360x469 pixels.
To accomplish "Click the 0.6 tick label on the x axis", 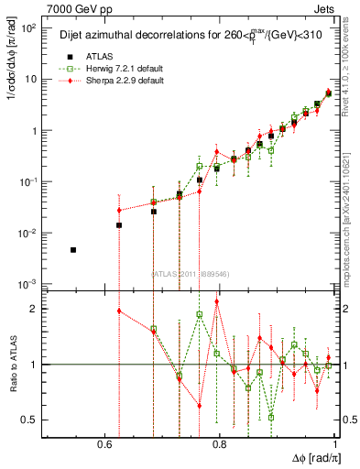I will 106,444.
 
